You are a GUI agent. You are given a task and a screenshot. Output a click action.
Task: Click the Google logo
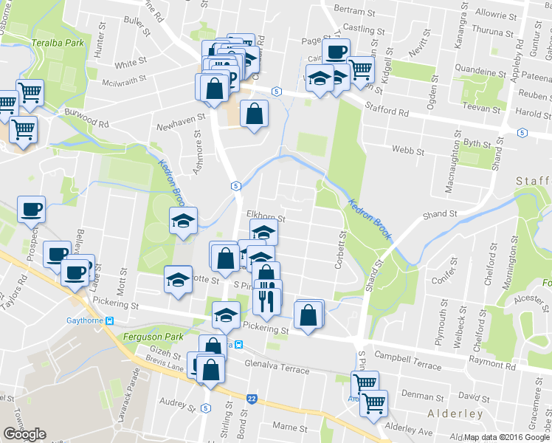pos(24,434)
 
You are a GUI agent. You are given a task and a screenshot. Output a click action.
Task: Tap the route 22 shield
pos(252,399)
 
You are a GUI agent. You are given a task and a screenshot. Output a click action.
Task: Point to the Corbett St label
pos(342,251)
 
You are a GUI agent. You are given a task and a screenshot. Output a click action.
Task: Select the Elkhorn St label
pos(266,219)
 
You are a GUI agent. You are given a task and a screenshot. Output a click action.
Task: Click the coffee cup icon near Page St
pos(335,52)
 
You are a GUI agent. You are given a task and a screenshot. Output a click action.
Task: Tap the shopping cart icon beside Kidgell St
pos(361,69)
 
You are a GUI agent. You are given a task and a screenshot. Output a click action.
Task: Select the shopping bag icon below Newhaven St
pos(254,114)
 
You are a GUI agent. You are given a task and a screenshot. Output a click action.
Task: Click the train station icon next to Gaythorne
pos(110,320)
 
